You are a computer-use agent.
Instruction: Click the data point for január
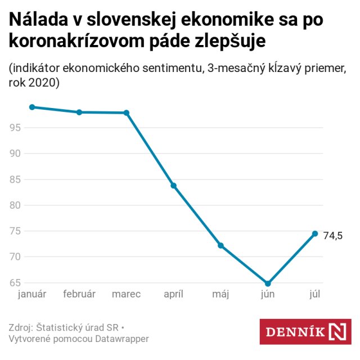[32, 107]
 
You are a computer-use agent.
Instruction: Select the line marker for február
[79, 112]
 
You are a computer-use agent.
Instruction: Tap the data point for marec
[127, 112]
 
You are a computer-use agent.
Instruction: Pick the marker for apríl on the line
[174, 186]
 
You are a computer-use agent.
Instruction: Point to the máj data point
[220, 245]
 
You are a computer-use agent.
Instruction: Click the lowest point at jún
[268, 283]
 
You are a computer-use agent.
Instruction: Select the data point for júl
[315, 233]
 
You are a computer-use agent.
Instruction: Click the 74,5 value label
[332, 236]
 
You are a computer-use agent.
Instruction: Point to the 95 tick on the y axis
[15, 128]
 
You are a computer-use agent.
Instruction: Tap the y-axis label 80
[15, 205]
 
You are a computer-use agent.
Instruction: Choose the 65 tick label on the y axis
[15, 282]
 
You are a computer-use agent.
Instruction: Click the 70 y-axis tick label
[15, 257]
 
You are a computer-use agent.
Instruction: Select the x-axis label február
[79, 294]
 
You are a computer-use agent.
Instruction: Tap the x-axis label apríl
[174, 294]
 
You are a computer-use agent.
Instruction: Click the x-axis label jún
[268, 294]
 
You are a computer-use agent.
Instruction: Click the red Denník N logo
[305, 331]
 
